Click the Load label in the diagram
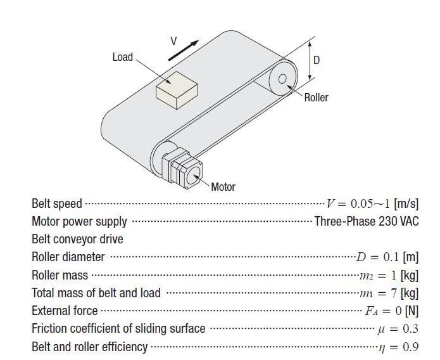click(122, 57)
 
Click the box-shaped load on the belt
click(177, 91)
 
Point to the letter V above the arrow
click(173, 40)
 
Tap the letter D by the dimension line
click(317, 60)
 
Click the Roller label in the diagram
click(316, 98)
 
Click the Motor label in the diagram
click(223, 187)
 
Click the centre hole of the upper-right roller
click(282, 79)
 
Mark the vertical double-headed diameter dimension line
click(310, 60)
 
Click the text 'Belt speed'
click(57, 204)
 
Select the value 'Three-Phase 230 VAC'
click(367, 222)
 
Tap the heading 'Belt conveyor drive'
click(77, 240)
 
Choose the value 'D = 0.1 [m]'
click(387, 257)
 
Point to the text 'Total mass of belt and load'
click(96, 293)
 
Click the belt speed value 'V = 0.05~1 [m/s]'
click(372, 204)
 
